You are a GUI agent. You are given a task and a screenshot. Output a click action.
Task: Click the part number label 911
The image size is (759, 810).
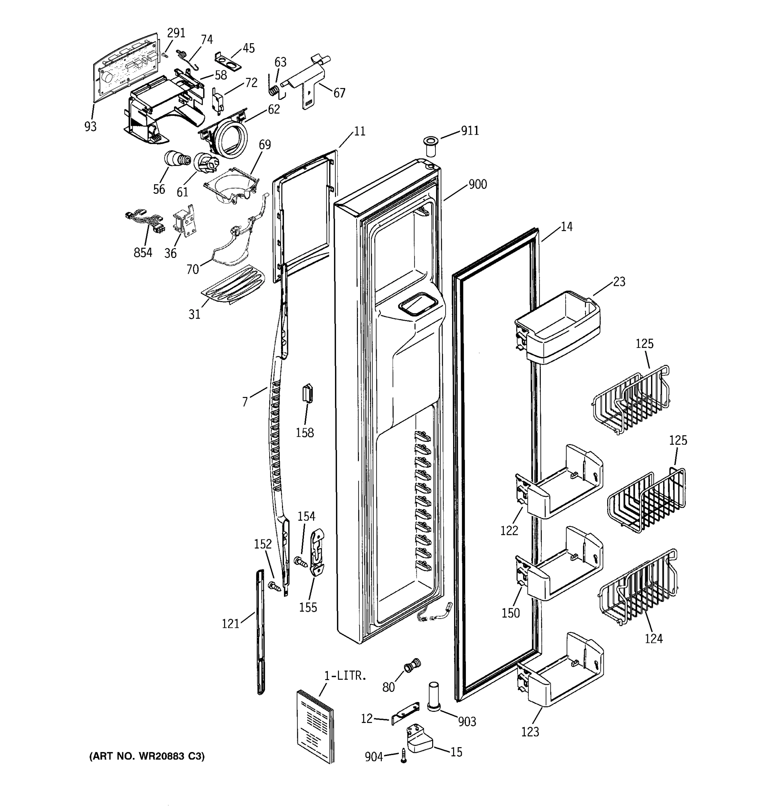pos(470,131)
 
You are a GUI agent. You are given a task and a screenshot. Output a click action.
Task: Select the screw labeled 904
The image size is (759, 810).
pos(403,755)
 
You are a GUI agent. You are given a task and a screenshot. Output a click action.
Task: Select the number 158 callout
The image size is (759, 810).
pos(305,433)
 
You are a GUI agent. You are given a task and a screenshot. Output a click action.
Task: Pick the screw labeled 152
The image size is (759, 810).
pos(275,586)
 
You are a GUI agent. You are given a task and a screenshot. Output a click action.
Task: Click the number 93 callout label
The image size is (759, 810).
pos(90,127)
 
